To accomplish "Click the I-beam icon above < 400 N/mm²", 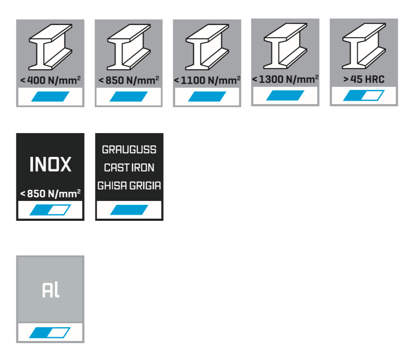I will coord(50,47).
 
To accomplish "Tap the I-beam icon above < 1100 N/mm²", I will coord(207,47).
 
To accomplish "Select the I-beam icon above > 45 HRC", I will coord(364,46).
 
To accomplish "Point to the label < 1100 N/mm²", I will coord(207,80).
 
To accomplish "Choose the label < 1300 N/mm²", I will coord(285,79).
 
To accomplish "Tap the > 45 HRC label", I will coord(364,80).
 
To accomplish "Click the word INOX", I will coord(50,165).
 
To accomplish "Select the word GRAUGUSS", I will coord(129,150).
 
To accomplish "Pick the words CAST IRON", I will coord(129,168).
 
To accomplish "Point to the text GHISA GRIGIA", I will coord(129,186).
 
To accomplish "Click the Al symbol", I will coord(51,290).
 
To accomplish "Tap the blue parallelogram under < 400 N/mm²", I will coord(50,96).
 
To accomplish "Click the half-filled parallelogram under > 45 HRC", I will coord(364,96).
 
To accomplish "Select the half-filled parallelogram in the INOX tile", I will coord(50,210).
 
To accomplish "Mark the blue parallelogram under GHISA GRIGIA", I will coord(129,210).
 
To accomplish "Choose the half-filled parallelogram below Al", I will coord(50,332).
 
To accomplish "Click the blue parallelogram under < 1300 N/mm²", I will coord(285,96).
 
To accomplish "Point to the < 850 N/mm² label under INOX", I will coord(50,194).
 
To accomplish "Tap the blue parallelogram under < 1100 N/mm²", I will coord(207,96).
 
